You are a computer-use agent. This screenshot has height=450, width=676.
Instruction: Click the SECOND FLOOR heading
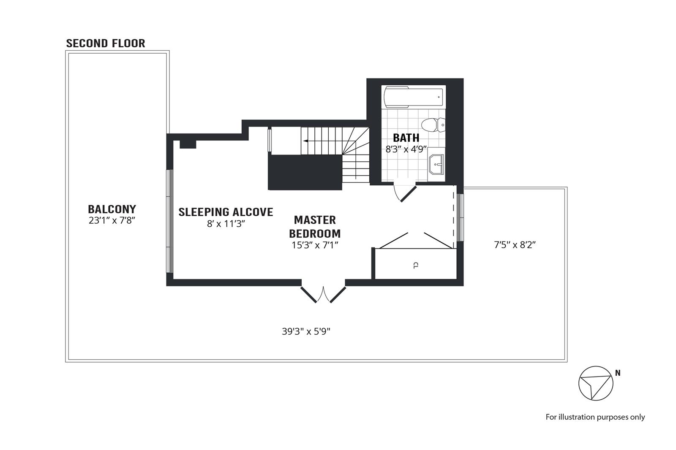[106, 43]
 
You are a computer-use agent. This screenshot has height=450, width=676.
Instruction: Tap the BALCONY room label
[112, 209]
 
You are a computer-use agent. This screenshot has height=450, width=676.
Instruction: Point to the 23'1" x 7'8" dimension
[112, 220]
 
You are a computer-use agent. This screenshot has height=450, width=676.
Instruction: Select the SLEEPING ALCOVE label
[226, 212]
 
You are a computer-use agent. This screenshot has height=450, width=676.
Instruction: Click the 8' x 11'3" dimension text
[226, 224]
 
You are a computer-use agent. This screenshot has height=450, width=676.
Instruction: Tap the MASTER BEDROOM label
[315, 227]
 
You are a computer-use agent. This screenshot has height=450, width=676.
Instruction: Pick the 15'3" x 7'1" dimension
[315, 245]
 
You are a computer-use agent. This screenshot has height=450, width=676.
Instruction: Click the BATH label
[406, 138]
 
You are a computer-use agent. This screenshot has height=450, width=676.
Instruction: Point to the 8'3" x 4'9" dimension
[406, 149]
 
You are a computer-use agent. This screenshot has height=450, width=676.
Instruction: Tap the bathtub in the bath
[413, 97]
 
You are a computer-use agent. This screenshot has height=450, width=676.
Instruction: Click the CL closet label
[416, 265]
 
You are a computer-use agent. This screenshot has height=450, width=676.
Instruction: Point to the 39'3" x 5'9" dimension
[306, 331]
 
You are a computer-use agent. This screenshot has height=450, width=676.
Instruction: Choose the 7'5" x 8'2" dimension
[515, 245]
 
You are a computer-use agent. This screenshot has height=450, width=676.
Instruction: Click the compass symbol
[595, 383]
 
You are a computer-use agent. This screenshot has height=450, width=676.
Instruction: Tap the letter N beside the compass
[618, 373]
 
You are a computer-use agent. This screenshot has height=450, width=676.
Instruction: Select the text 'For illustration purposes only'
[595, 417]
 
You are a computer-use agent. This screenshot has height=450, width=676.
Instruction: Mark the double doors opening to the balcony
[323, 294]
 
